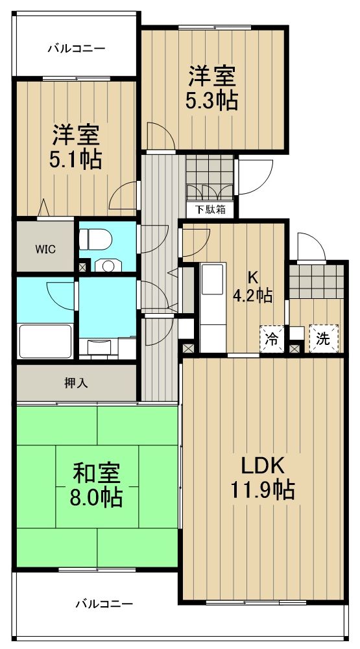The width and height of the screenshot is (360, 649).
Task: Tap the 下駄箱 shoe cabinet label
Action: pos(211,210)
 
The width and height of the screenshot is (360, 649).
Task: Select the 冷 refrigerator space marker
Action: pos(272,339)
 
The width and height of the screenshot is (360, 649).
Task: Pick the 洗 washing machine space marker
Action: pos(324,339)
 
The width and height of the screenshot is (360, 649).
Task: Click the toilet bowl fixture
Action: pos(95,240)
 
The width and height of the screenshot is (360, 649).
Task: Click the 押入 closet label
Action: pos(77,384)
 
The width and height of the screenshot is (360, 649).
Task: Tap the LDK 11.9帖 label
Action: pos(263,478)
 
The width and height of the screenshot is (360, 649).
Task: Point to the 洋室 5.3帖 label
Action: pos(212,88)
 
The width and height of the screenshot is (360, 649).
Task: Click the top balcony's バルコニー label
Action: pos(77,49)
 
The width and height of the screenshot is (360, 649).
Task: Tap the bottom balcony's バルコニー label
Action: pos(104,604)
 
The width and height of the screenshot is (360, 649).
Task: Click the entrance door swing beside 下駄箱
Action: pos(254,176)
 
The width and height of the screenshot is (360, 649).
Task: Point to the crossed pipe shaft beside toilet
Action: pos(83,266)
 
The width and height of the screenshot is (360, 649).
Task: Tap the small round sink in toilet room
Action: pos(108,265)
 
